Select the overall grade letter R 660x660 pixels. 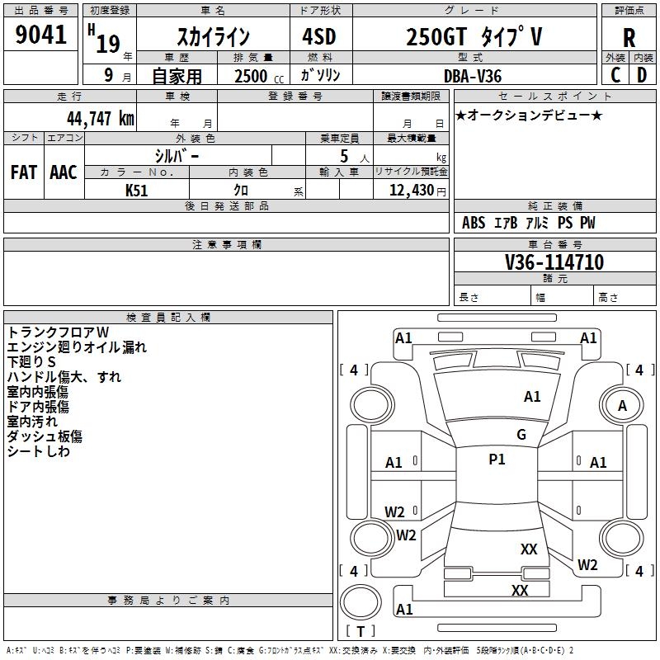coord(629,37)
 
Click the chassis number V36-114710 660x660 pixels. coord(554,262)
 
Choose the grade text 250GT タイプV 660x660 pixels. coord(474,37)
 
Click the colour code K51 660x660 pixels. coord(137,190)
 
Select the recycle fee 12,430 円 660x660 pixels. coord(410,190)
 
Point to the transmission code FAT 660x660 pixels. coord(24,172)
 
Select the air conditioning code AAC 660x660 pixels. coord(64,172)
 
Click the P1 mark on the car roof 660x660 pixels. coord(497,460)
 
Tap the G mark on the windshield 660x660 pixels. coord(521,435)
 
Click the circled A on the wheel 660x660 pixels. coord(622,405)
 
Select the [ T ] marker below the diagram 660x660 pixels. coord(360,631)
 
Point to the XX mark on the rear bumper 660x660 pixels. coord(520,590)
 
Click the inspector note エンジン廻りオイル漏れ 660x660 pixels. coord(77,347)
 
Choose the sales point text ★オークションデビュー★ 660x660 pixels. coord(529,115)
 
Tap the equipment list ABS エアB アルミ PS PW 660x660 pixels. coord(528,223)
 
